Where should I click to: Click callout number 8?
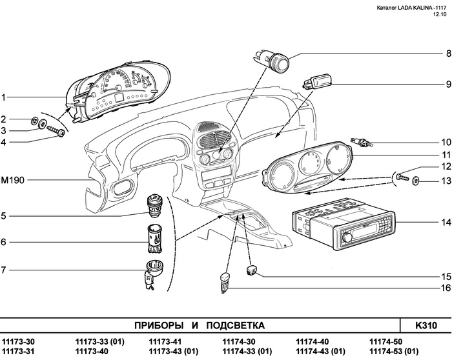click(x=446, y=53)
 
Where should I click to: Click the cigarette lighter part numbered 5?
click(x=158, y=206)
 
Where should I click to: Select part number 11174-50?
click(x=385, y=342)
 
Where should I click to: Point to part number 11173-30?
click(x=19, y=342)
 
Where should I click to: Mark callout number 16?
click(x=445, y=288)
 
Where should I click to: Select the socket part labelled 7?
click(x=155, y=271)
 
